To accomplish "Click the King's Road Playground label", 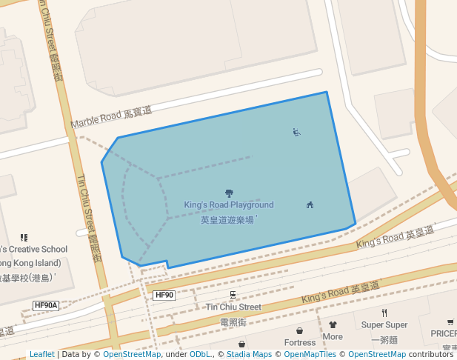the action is (x=229, y=204).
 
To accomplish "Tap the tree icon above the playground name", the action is (x=229, y=193).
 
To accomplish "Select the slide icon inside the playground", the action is (x=296, y=133).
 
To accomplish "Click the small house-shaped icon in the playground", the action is (x=310, y=204).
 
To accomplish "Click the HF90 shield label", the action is (x=164, y=295).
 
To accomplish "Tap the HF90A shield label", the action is (x=46, y=305).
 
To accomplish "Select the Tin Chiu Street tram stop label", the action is (x=233, y=307).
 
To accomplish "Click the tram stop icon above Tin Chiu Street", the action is (x=233, y=296).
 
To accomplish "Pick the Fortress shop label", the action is (x=300, y=342).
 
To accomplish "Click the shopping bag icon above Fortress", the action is (x=300, y=330).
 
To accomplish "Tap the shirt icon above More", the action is (x=333, y=324).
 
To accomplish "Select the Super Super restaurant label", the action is (x=384, y=324).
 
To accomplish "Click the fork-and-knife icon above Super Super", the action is (x=384, y=313).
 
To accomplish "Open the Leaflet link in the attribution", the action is (x=41, y=355).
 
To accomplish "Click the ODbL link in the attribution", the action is (x=200, y=355).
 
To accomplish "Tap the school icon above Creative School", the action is (x=24, y=238).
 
